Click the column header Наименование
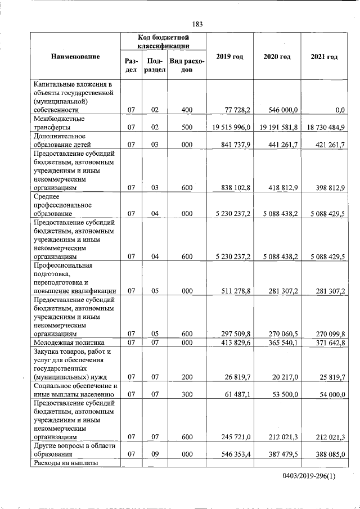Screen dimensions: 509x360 (75, 57)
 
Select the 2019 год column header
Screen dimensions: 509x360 (229, 57)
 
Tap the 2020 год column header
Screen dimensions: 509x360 (277, 57)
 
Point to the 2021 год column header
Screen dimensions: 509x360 (324, 57)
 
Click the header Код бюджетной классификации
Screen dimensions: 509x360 (164, 41)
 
